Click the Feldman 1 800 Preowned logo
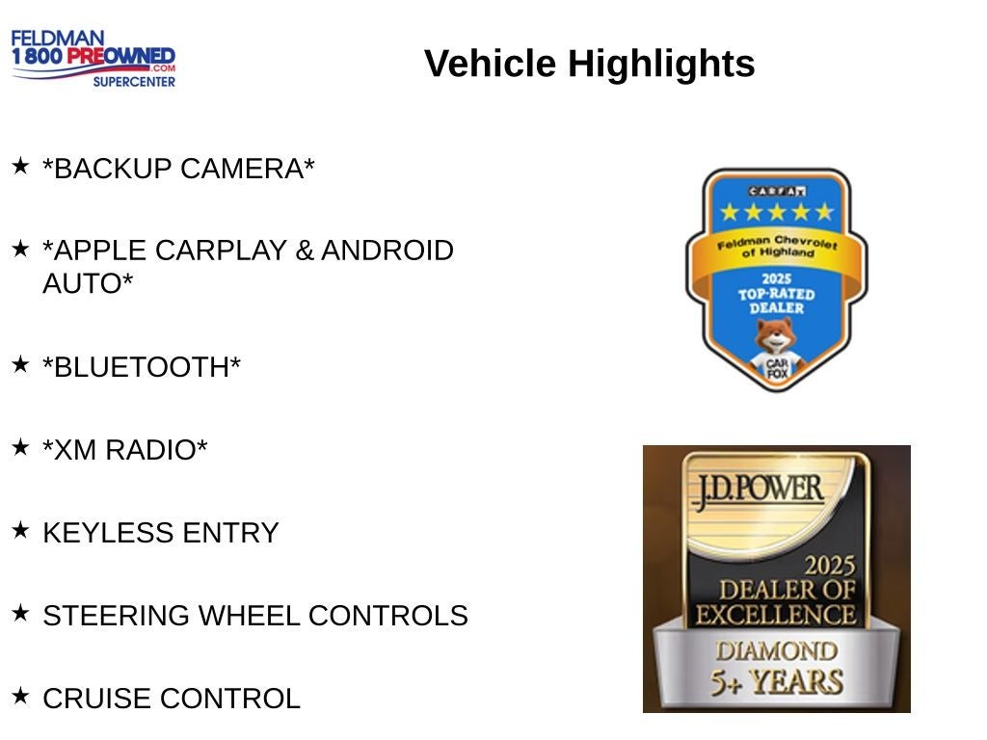coord(93,58)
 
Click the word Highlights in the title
coord(661,64)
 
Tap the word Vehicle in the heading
coord(491,64)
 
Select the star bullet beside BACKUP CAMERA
coord(21,166)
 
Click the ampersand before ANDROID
coord(305,251)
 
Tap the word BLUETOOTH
coord(142,367)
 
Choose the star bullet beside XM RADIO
coord(21,447)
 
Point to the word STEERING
coord(116,616)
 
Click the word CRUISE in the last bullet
coord(97,699)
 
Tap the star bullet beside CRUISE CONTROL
coord(21,696)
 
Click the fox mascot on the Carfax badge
coord(777,350)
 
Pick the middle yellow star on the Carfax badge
coord(777,212)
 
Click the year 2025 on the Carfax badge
coord(777,279)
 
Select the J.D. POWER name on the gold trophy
coord(759,490)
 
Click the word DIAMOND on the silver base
coord(777,651)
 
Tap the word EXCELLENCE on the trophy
coord(776,615)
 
